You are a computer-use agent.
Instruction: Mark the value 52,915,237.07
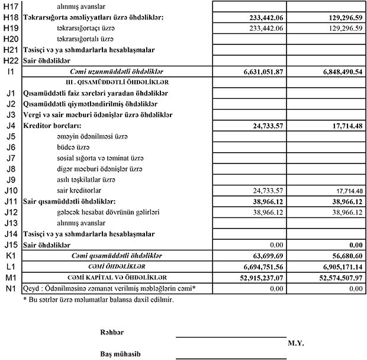[262, 278]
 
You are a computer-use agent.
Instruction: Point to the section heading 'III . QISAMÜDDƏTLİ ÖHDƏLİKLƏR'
[117, 82]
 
